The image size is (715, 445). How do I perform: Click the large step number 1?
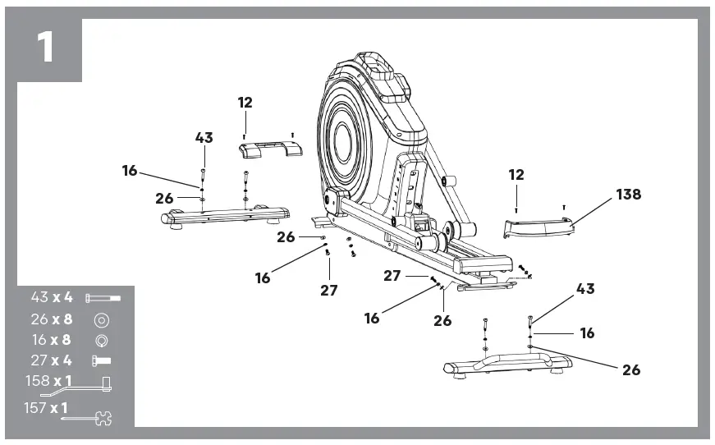45,48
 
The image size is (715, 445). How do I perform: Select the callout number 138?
628,195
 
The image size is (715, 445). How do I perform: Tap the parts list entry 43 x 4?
52,297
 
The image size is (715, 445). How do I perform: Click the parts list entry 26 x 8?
52,319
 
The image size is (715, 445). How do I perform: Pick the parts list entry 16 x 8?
52,340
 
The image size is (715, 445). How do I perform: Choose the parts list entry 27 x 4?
52,361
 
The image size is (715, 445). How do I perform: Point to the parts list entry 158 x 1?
49,382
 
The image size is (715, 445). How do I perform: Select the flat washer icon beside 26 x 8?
102,319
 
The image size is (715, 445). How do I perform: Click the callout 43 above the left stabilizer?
204,138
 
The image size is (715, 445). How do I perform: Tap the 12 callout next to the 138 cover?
516,175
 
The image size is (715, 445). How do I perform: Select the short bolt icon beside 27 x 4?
102,361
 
